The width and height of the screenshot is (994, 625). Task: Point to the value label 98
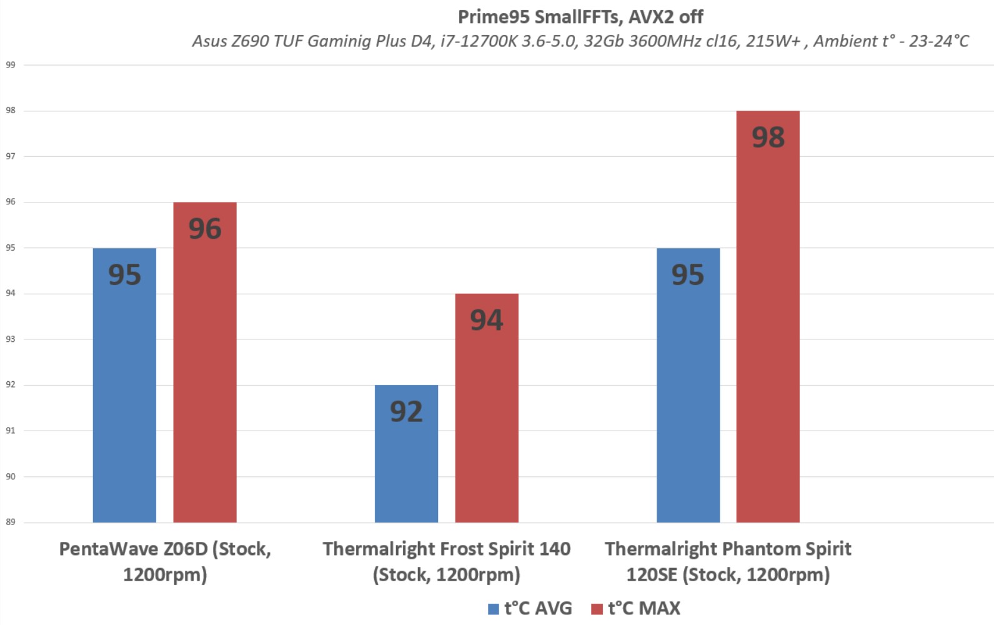click(x=768, y=137)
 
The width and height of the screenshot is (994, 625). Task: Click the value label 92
click(x=406, y=412)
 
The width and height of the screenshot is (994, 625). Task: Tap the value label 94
click(x=487, y=320)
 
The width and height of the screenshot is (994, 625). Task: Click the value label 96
click(x=205, y=229)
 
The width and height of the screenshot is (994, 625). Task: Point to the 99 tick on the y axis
click(x=11, y=65)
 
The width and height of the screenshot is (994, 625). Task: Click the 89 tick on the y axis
click(x=11, y=522)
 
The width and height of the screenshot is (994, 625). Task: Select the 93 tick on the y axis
click(x=11, y=339)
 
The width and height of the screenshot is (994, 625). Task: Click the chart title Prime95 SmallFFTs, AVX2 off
click(x=580, y=17)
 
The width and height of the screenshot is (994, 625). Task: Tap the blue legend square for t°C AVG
click(x=494, y=609)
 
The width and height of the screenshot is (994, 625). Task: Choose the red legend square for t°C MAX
click(x=597, y=609)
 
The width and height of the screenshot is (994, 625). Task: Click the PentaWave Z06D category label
click(x=165, y=561)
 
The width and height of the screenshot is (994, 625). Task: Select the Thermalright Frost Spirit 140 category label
click(x=446, y=561)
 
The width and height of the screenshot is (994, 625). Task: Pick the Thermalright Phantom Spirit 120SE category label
click(x=728, y=561)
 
